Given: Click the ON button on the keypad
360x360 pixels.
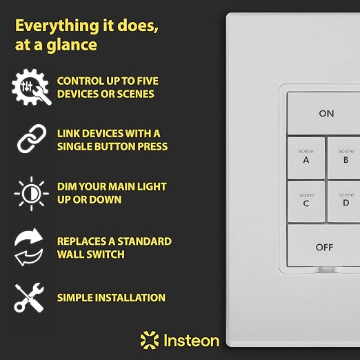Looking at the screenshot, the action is (323, 113).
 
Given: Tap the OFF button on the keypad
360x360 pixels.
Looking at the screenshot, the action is (323, 246).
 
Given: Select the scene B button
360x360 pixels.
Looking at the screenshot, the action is (344, 158).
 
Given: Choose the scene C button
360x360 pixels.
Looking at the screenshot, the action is (306, 201).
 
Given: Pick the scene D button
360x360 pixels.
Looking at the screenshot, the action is (344, 201).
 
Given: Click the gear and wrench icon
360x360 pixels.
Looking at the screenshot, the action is (32, 87).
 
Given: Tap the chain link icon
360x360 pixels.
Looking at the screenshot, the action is (32, 139).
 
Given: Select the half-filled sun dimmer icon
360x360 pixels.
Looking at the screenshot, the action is (32, 194).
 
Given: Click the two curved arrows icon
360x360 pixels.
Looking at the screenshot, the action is (29, 247).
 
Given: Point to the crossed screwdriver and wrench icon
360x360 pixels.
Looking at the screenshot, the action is (29, 298).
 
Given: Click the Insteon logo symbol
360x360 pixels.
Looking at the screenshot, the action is (150, 340).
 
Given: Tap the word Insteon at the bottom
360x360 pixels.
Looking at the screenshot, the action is (191, 340).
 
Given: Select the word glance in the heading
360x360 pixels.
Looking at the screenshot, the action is (72, 46).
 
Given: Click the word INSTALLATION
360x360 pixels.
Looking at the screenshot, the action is (130, 298).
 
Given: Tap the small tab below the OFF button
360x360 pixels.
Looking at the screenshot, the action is (327, 268).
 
